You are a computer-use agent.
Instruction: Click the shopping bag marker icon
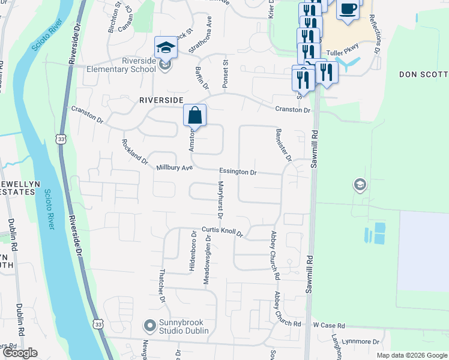coord(195,115)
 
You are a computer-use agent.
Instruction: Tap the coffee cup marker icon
coord(348,9)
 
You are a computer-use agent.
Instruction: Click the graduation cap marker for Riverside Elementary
coord(166,48)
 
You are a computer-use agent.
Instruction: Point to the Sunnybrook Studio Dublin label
coord(183,327)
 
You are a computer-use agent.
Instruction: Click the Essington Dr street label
coord(238,172)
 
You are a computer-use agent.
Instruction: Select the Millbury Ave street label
coord(174,169)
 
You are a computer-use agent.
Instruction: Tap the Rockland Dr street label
coord(134,152)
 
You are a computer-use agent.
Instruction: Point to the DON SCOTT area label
coord(423,74)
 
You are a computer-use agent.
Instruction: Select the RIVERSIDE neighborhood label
coord(160,100)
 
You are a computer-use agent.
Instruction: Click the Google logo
coord(20,353)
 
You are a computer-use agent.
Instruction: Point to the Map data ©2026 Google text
coord(411,355)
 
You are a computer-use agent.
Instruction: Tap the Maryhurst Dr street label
coord(220,199)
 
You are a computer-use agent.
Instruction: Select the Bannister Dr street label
coord(283,145)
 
